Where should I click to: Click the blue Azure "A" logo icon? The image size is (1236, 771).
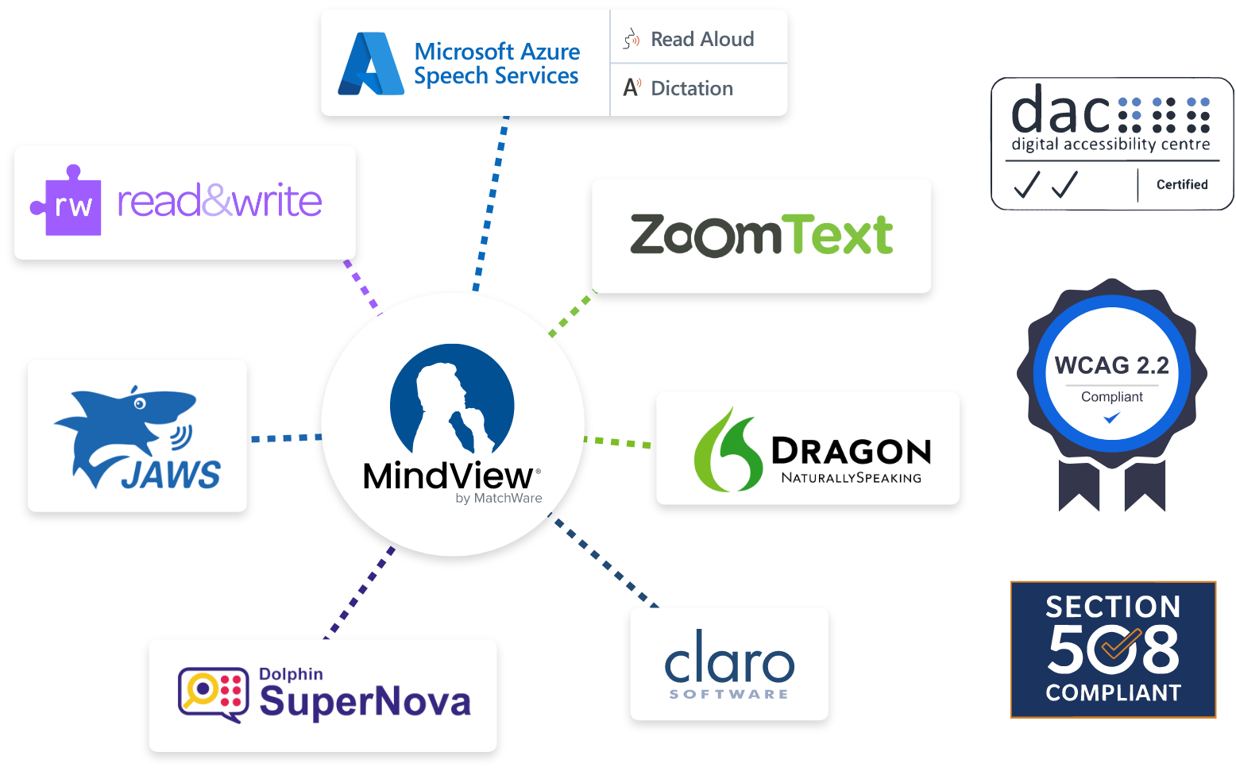tap(370, 64)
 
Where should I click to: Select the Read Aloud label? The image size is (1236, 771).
tap(702, 39)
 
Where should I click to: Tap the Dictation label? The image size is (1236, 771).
tap(691, 88)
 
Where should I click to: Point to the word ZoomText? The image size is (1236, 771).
tap(761, 236)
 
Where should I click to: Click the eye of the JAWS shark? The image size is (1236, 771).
tap(140, 403)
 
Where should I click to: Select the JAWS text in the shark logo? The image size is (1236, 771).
tap(171, 475)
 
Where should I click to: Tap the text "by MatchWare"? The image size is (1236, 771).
tap(498, 499)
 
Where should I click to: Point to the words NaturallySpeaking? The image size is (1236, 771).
tap(851, 478)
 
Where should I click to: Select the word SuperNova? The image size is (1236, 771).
tap(365, 701)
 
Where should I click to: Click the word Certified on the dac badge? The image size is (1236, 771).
tap(1181, 184)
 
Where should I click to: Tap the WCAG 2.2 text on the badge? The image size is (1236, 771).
tap(1111, 365)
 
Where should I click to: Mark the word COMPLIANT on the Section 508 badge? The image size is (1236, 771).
tap(1113, 693)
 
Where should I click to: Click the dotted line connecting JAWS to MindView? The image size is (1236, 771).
tap(284, 438)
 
